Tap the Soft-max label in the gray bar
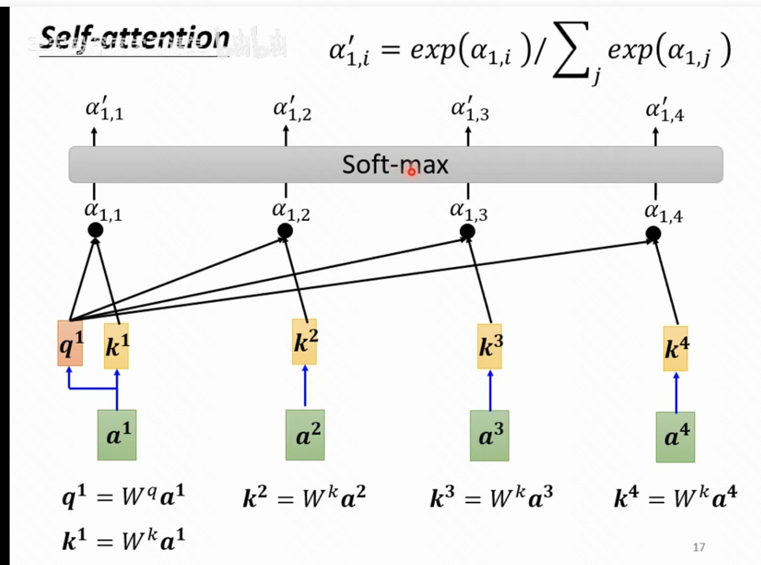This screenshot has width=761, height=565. point(395,164)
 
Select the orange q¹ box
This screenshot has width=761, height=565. point(70,343)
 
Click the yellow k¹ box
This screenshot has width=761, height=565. point(116,346)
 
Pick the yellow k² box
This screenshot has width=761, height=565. point(304,342)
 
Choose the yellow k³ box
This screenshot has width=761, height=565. point(489,347)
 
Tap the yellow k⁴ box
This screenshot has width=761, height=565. point(675,349)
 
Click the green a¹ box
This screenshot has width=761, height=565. point(117,435)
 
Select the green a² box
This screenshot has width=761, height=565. point(305,435)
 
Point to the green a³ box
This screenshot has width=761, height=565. point(489,436)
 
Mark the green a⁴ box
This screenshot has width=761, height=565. point(675,437)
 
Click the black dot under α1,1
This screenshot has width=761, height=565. point(95,230)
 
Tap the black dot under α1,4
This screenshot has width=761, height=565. point(653,234)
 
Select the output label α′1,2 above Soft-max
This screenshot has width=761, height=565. point(292,109)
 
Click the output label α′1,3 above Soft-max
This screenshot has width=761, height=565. point(470,109)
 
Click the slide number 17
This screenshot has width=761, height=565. point(699,547)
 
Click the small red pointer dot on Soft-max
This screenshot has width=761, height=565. point(412,172)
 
